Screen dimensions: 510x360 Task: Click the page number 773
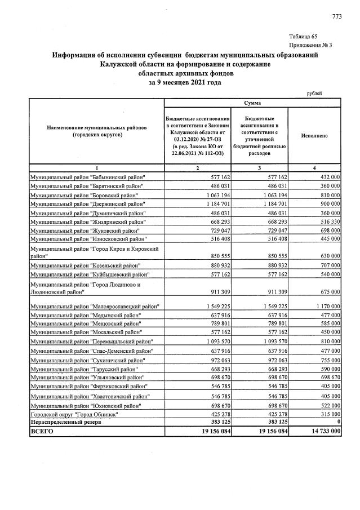pyautogui.click(x=337, y=16)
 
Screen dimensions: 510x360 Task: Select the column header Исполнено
pyautogui.click(x=314, y=136)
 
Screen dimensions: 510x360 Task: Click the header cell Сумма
pyautogui.click(x=252, y=103)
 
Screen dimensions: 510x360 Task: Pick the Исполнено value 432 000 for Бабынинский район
pyautogui.click(x=327, y=177)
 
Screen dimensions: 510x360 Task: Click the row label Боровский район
pyautogui.click(x=83, y=194)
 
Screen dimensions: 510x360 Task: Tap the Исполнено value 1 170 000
pyautogui.click(x=325, y=306)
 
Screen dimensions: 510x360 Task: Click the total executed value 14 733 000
pyautogui.click(x=322, y=431)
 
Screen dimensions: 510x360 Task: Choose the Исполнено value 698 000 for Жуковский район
pyautogui.click(x=327, y=230)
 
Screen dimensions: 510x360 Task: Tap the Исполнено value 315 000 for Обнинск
pyautogui.click(x=327, y=414)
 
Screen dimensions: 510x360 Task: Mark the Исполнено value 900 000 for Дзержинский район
pyautogui.click(x=327, y=203)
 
